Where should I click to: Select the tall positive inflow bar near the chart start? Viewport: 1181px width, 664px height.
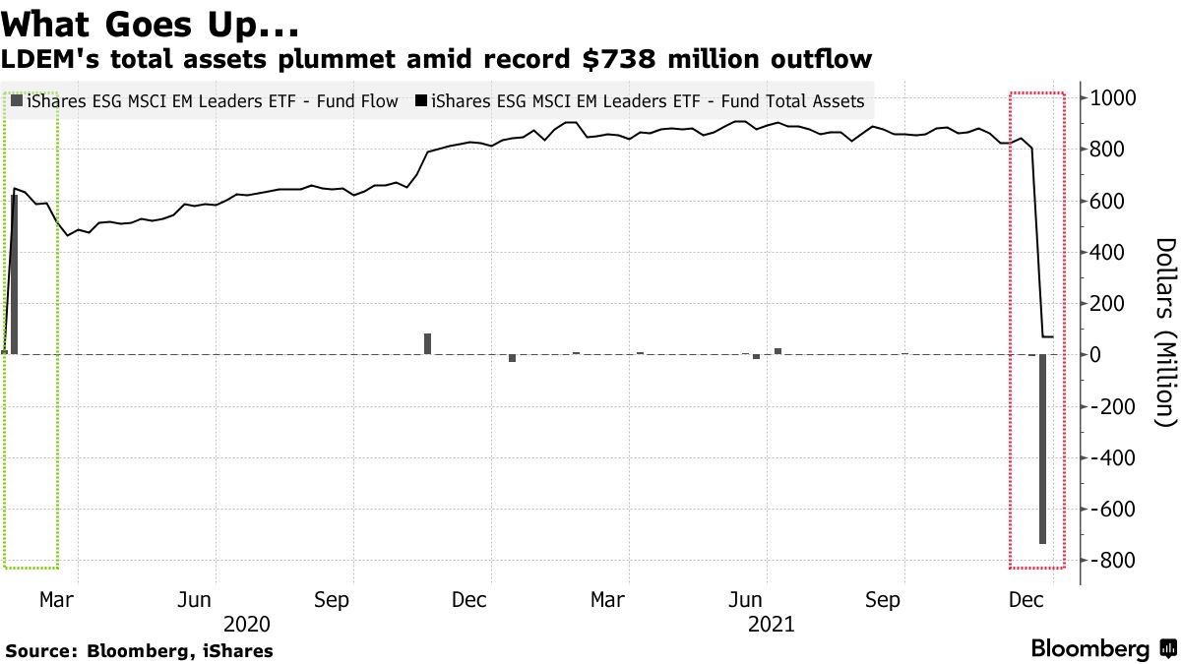pos(14,274)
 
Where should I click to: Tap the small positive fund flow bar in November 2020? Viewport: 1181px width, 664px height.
pos(428,343)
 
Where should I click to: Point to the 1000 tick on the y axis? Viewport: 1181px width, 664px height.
pos(1109,98)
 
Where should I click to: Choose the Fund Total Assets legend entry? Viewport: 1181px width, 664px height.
pos(640,101)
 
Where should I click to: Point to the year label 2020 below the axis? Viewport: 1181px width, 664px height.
pos(246,624)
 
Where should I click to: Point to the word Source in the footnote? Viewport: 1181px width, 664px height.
pos(40,650)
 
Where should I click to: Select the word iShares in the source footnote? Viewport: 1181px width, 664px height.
pos(238,650)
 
